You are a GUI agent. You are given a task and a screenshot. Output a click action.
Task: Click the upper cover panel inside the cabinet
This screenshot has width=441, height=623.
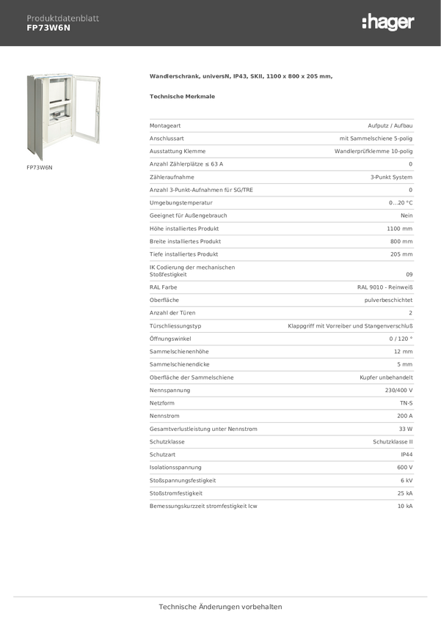tap(57, 92)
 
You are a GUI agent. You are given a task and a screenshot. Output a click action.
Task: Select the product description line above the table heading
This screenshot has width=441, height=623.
tap(241, 76)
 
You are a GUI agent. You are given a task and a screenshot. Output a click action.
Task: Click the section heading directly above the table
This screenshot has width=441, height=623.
tap(182, 95)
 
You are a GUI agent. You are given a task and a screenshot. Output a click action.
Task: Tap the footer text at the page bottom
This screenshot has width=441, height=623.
tap(220, 607)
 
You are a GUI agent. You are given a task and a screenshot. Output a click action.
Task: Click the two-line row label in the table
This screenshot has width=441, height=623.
tap(192, 270)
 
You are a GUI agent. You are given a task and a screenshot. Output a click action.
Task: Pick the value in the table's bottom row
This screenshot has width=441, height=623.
tap(405, 506)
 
